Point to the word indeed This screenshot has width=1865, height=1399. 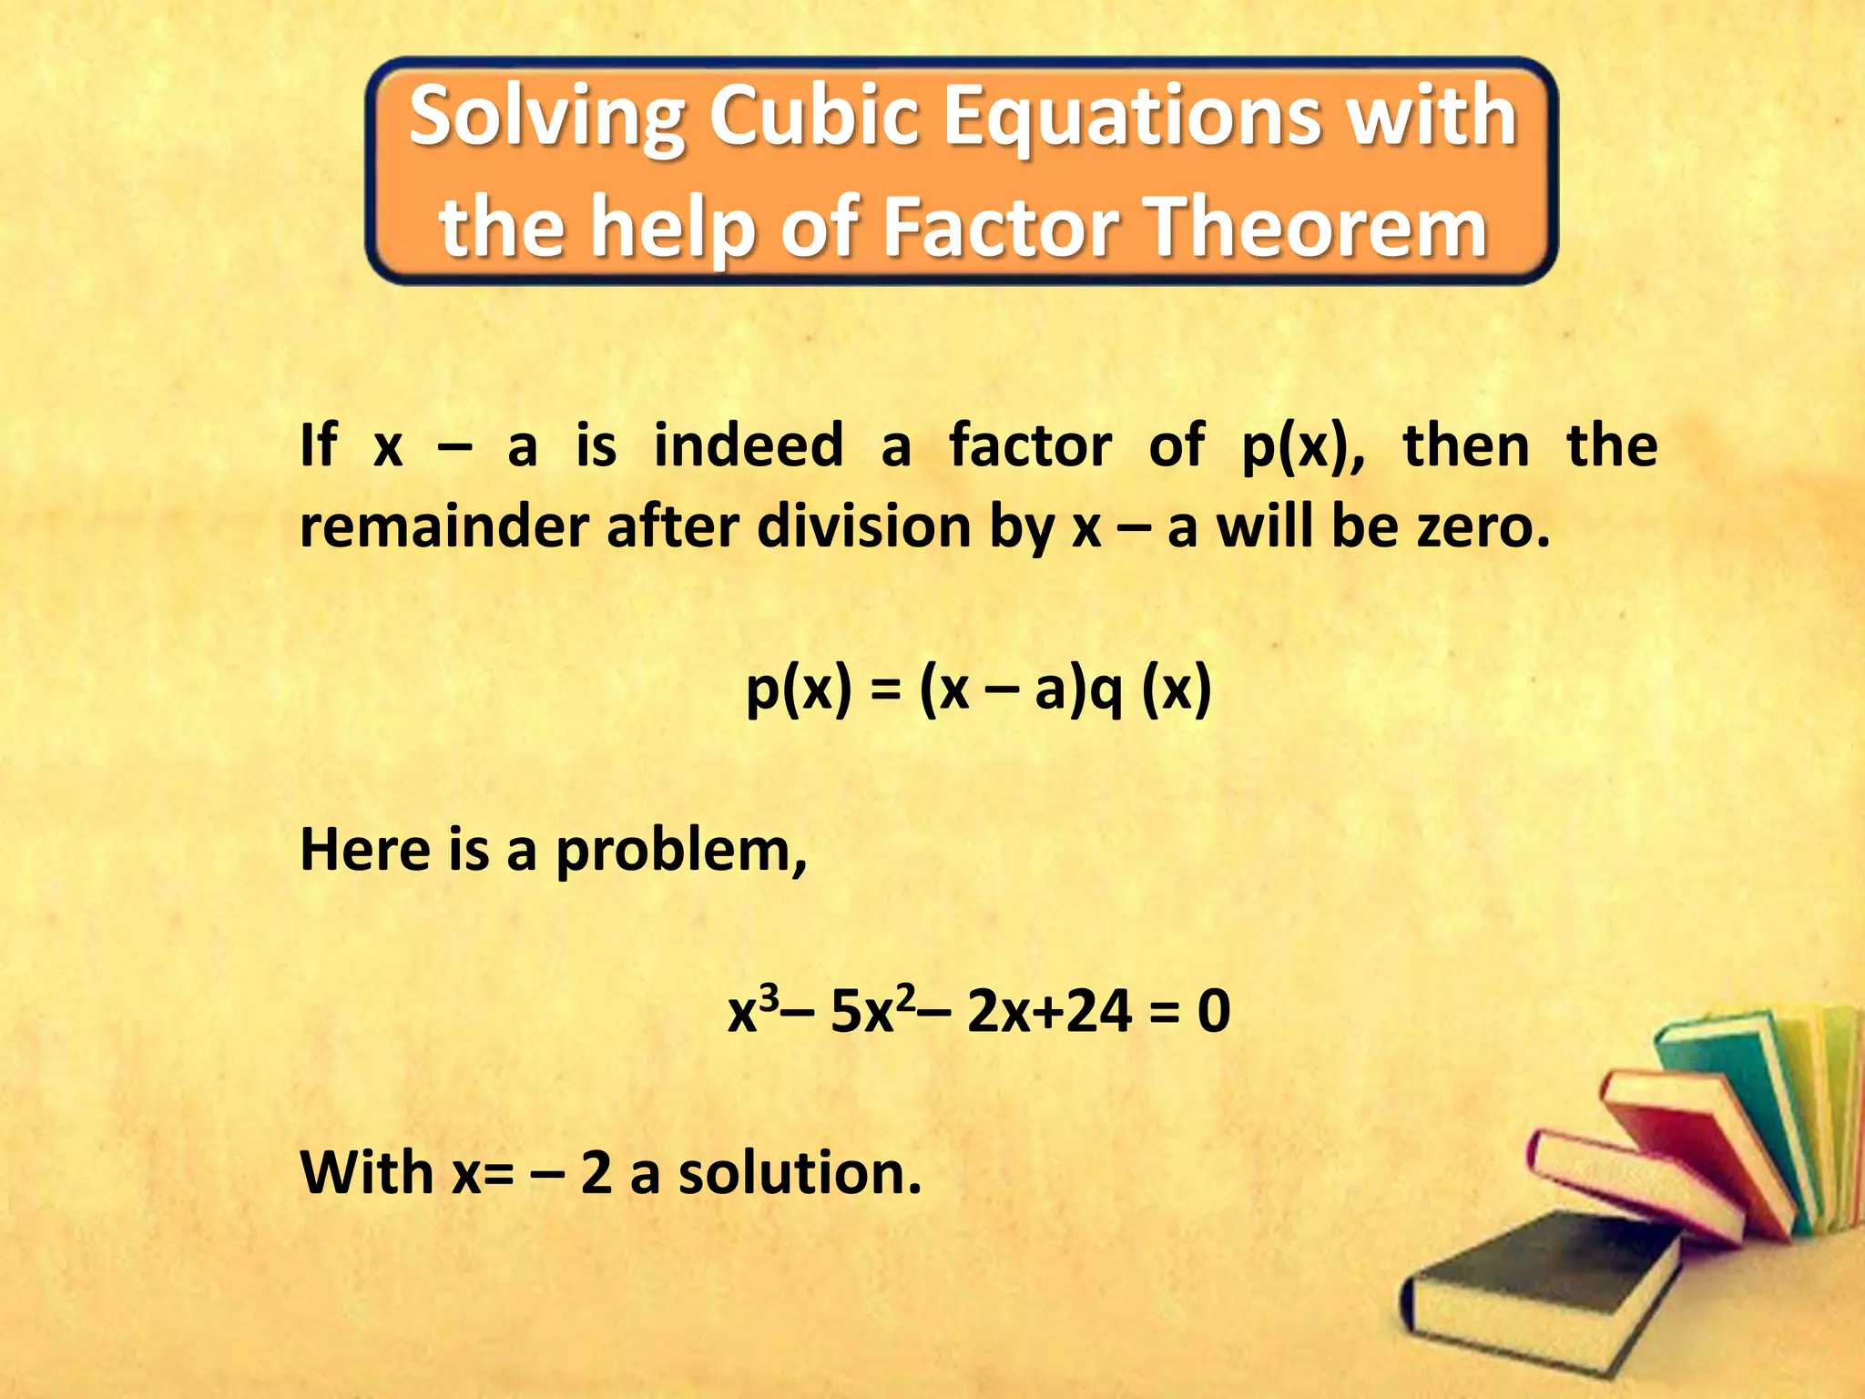pos(749,446)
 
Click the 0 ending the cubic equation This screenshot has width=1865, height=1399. pos(1214,1011)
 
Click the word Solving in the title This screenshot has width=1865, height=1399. pos(547,118)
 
